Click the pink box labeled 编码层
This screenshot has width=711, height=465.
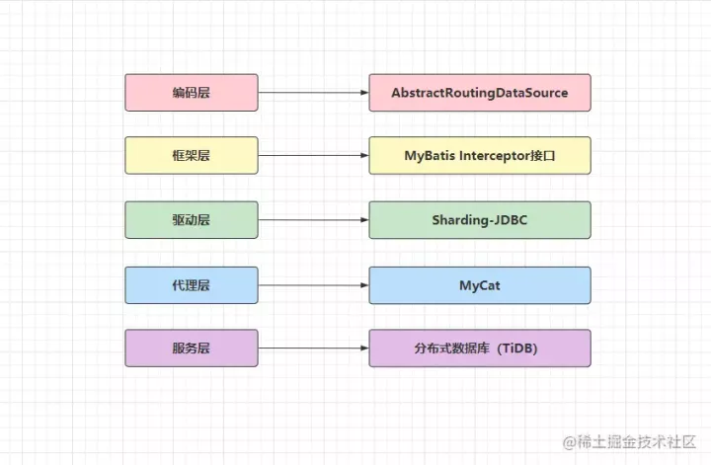pyautogui.click(x=192, y=93)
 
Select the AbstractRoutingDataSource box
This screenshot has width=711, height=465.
pyautogui.click(x=480, y=93)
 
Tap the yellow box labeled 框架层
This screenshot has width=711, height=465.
pyautogui.click(x=192, y=155)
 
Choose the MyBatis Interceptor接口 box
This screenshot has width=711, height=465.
pyautogui.click(x=480, y=155)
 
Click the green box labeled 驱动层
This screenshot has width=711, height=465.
pyautogui.click(x=192, y=220)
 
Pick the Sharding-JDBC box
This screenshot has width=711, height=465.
pyautogui.click(x=480, y=220)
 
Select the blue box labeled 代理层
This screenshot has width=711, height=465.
pyautogui.click(x=192, y=285)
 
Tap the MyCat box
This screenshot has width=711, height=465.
pyautogui.click(x=480, y=285)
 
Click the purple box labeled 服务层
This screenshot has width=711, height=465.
pyautogui.click(x=192, y=349)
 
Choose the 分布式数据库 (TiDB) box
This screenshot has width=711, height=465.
pyautogui.click(x=480, y=349)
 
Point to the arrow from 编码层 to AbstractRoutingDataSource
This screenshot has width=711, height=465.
pyautogui.click(x=313, y=93)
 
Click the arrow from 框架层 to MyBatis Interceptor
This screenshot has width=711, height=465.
pyautogui.click(x=313, y=155)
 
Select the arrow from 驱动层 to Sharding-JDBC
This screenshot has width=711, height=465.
pyautogui.click(x=313, y=220)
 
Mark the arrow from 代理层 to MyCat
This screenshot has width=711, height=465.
pyautogui.click(x=313, y=285)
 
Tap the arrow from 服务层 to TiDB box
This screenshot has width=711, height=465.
pyautogui.click(x=313, y=349)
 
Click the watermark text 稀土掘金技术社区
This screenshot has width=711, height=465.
pyautogui.click(x=636, y=441)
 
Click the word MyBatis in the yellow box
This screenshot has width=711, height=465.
pyautogui.click(x=430, y=156)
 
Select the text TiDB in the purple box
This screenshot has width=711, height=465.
pyautogui.click(x=516, y=349)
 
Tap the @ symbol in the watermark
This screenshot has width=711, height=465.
pyautogui.click(x=570, y=442)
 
